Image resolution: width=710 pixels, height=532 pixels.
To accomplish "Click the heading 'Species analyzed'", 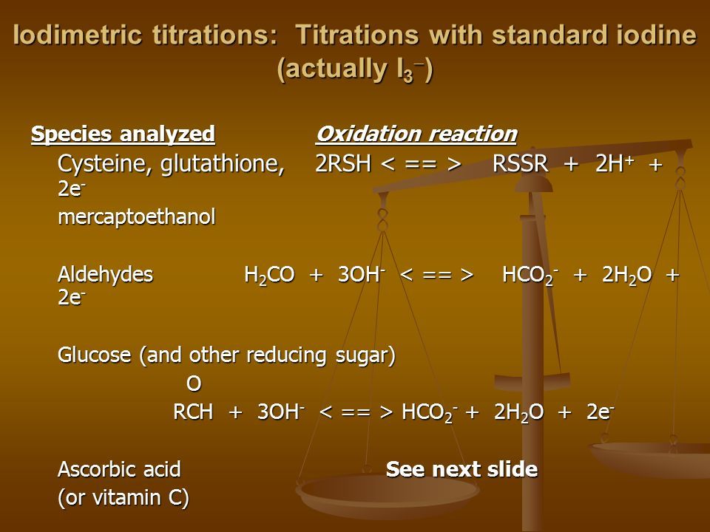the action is point(123,134).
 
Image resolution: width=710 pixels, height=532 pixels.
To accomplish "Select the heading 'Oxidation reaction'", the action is point(416,134).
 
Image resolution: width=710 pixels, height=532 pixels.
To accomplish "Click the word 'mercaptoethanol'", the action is point(137,217).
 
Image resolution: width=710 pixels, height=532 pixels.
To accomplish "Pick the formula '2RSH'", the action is point(342,164).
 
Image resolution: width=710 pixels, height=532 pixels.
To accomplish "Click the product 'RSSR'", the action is point(520,164).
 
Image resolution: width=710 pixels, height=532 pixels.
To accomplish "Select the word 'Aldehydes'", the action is point(106,274).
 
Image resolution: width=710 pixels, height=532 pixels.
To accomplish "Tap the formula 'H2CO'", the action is point(269,275).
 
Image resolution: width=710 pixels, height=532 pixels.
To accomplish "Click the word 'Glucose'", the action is point(94,355).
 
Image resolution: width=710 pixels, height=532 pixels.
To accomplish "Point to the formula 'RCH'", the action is point(193,412).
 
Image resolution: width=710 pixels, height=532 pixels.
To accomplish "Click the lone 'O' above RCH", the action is point(194,383).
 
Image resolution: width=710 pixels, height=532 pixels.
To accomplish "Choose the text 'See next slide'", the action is point(461,469).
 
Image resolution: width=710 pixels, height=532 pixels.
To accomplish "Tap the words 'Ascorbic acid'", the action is point(119,469).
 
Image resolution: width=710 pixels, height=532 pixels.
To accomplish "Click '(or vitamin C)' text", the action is point(124,497).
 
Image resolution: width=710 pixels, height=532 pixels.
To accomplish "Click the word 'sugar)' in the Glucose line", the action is point(366,355).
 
